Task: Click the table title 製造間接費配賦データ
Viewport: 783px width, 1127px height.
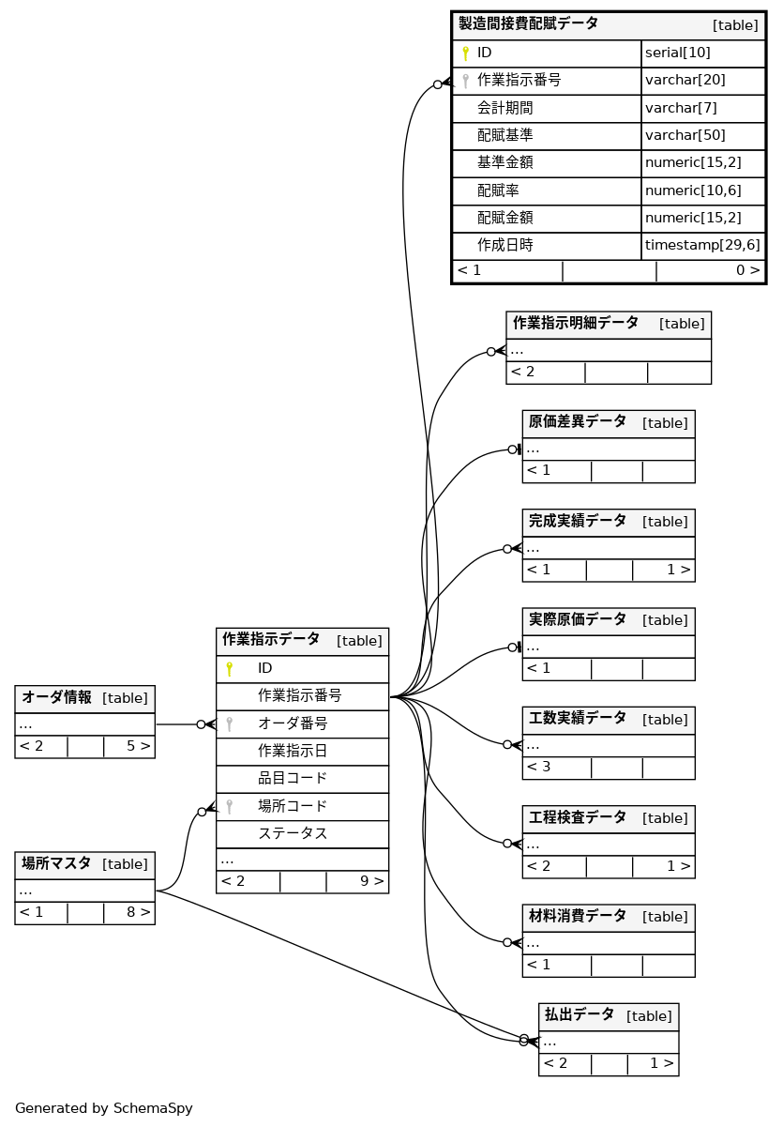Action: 528,24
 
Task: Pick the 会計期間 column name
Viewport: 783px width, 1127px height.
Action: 504,108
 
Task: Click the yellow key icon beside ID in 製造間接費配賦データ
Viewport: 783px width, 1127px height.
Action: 465,53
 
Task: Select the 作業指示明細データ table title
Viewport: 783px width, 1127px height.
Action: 575,323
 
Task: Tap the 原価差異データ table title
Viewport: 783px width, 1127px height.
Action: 577,421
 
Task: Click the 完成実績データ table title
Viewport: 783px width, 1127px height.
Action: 577,521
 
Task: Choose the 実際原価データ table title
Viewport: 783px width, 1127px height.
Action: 577,619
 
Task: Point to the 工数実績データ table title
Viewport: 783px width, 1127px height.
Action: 577,719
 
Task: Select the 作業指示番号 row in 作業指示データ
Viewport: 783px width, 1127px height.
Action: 299,696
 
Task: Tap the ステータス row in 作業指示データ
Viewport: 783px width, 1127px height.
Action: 293,833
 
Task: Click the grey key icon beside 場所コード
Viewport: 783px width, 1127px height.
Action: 229,806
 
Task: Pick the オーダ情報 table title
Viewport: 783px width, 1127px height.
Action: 57,697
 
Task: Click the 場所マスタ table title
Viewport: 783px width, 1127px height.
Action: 57,863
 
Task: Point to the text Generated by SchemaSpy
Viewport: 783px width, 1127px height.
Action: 104,1108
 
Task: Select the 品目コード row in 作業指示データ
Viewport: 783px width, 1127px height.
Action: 293,778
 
